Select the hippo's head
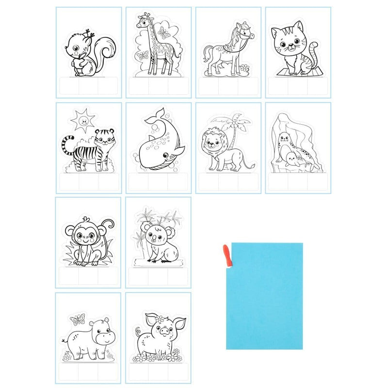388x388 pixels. coord(102,335)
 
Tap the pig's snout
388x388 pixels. coord(164,332)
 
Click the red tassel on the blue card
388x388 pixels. coord(227,254)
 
